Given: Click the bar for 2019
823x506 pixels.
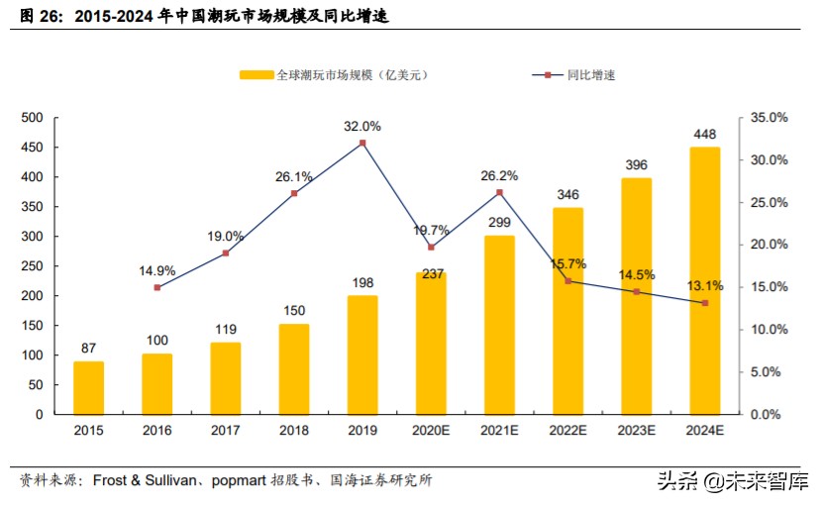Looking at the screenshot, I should [x=362, y=354].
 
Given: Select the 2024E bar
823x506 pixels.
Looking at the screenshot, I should [x=705, y=280].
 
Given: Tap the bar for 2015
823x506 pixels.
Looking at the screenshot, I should [x=88, y=387].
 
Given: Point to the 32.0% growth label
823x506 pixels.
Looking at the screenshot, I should [x=362, y=127].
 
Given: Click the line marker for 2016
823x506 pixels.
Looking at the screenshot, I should [x=157, y=287].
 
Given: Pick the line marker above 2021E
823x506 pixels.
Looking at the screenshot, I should [x=500, y=192].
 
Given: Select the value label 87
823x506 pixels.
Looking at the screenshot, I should [x=88, y=349].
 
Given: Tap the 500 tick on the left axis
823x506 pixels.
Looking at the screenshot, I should [x=32, y=118].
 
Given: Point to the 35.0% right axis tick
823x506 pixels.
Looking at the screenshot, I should [x=769, y=118].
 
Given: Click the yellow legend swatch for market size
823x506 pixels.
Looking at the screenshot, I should [x=256, y=74].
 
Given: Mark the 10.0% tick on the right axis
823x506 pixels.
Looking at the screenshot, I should [x=769, y=330].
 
